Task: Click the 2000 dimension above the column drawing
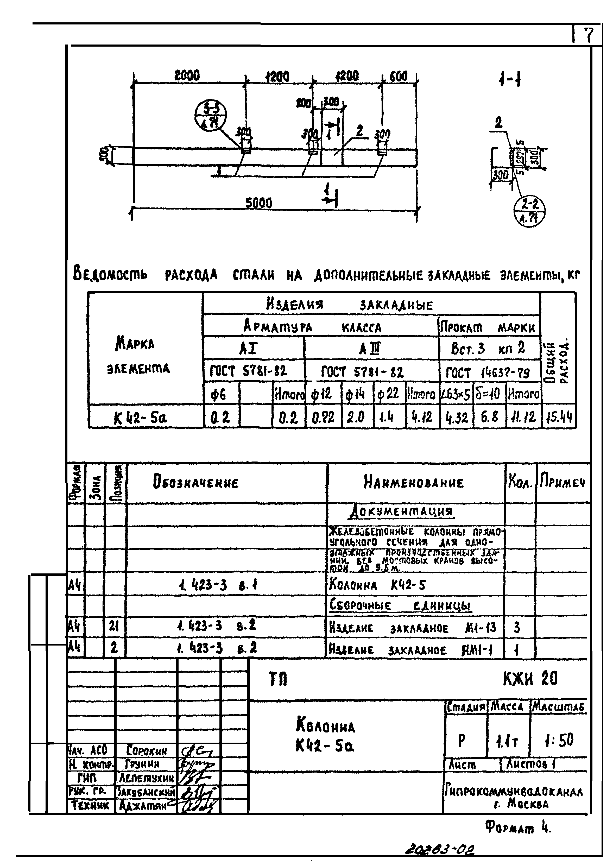(187, 76)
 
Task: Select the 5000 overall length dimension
(259, 203)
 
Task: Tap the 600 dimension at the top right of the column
(398, 77)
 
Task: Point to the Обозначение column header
(195, 482)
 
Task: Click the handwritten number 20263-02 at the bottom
(440, 849)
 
